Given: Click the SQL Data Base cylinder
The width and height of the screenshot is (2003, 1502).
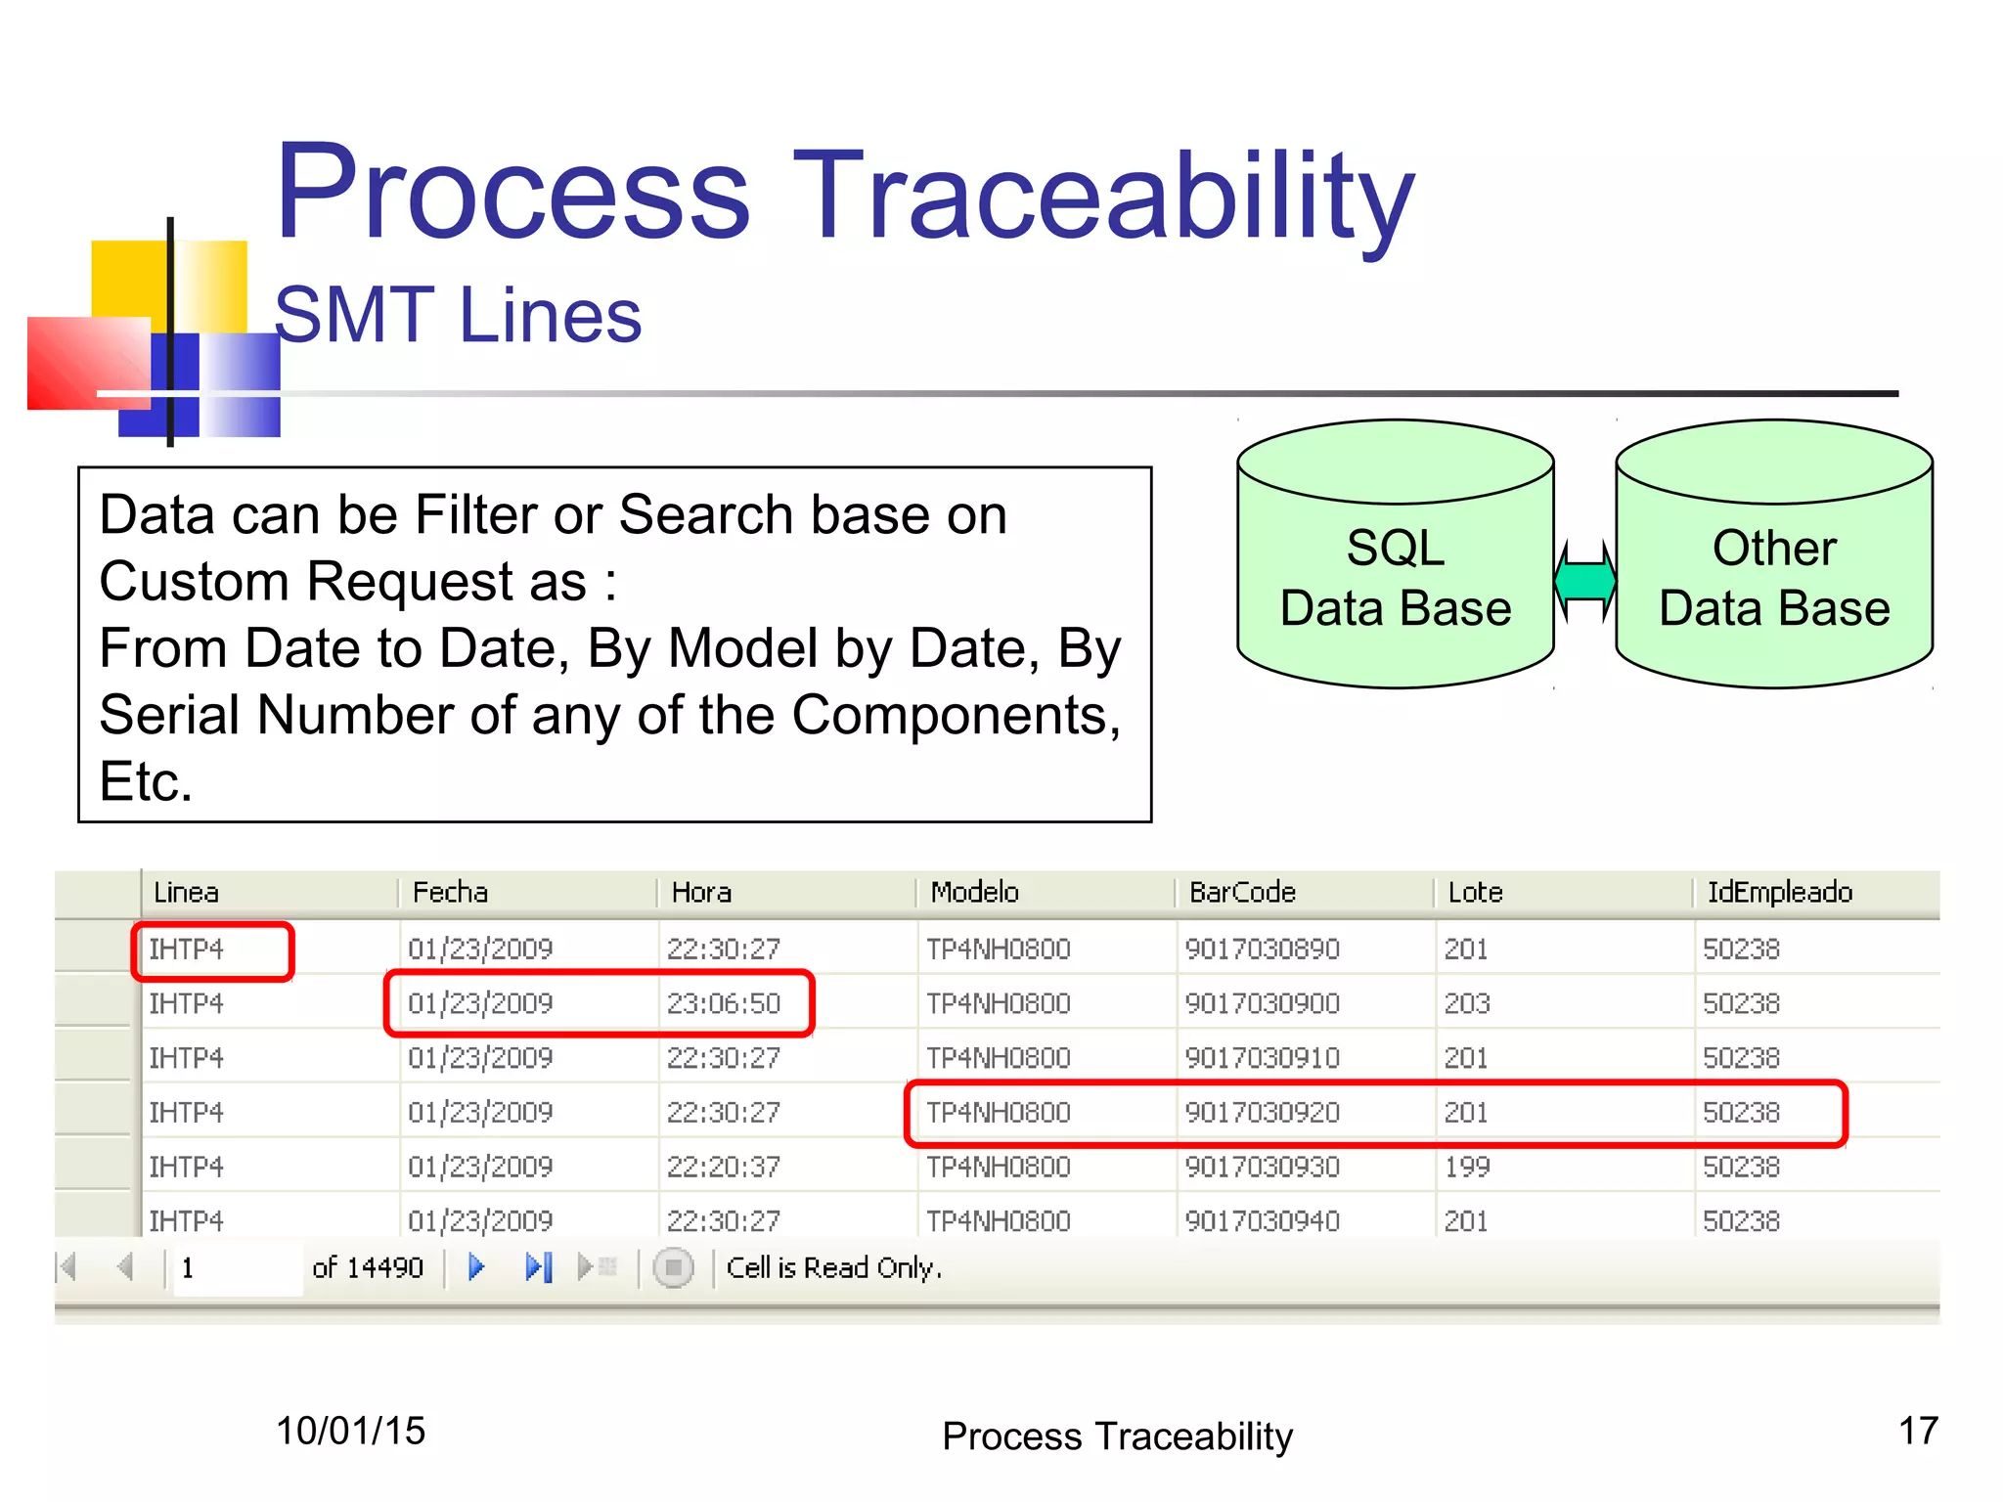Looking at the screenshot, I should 1396,577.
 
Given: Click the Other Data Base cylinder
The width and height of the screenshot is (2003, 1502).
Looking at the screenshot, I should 1774,577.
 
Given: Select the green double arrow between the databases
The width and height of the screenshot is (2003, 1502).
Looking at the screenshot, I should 1585,581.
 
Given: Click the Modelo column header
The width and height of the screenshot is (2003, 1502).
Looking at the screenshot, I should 974,892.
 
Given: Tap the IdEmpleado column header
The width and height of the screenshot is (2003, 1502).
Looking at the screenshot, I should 1779,892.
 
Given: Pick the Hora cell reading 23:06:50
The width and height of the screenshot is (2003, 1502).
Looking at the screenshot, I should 724,1003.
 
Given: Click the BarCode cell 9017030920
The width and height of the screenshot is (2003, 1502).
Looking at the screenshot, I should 1262,1113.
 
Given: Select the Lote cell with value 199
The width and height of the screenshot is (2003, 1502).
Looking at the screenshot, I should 1467,1167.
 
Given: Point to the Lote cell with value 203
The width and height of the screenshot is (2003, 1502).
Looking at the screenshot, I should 1467,1003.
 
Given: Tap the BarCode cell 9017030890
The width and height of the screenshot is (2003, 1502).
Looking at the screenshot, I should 1262,949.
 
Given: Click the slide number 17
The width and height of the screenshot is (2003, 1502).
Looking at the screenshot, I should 1918,1431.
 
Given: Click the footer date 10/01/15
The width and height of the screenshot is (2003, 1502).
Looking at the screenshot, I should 350,1431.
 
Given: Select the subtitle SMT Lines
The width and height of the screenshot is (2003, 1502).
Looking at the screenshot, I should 458,315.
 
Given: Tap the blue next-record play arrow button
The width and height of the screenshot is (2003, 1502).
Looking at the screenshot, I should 476,1267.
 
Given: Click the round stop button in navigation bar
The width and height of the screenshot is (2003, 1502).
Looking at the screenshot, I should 673,1268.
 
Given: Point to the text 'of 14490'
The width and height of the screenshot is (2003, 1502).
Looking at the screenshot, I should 367,1267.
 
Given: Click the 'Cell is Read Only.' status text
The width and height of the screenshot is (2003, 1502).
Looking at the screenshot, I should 833,1267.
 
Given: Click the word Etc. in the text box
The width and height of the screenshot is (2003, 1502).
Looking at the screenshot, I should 146,782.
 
